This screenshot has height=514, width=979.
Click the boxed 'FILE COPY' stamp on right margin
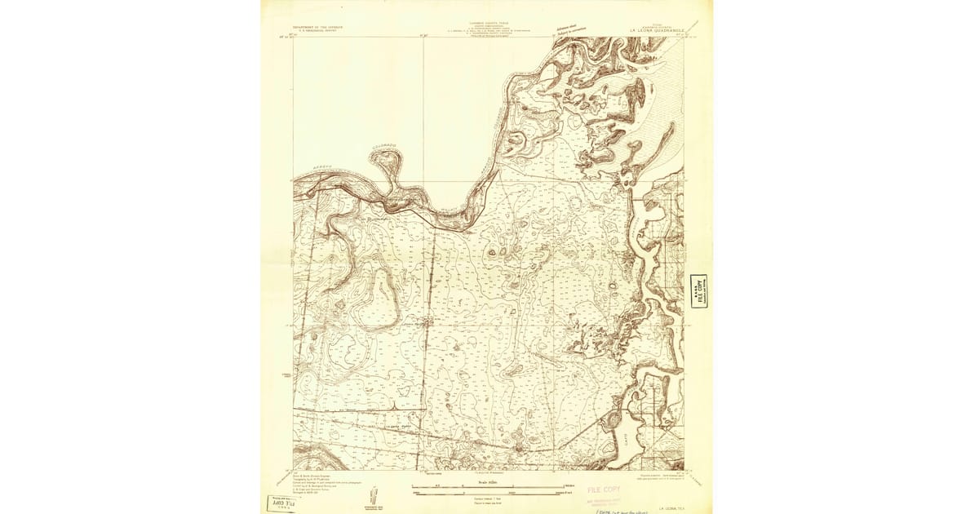click(698, 291)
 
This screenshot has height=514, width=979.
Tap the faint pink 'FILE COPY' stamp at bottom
click(604, 490)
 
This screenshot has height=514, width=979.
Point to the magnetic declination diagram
click(374, 495)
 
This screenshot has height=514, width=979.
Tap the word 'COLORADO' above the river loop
click(384, 147)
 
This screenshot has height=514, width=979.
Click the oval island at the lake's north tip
click(610, 422)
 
